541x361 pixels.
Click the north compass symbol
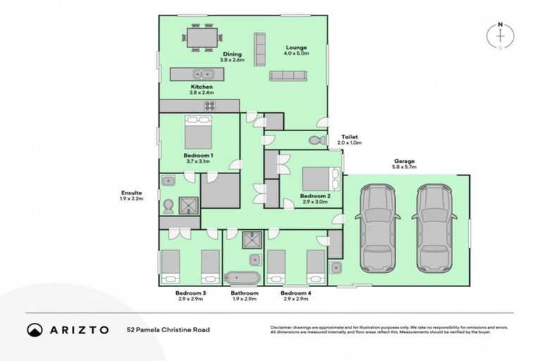(x=500, y=37)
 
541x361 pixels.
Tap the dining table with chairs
(x=203, y=37)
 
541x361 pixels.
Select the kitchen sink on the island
(x=205, y=73)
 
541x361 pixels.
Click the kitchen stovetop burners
(x=210, y=106)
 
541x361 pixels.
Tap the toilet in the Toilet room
(x=318, y=140)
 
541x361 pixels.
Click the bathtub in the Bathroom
(x=242, y=276)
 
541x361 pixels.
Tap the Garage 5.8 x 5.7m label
(x=405, y=164)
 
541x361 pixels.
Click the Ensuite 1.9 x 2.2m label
(x=132, y=195)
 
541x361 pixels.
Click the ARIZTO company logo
(x=68, y=329)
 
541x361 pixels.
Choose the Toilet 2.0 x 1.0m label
(x=349, y=140)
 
